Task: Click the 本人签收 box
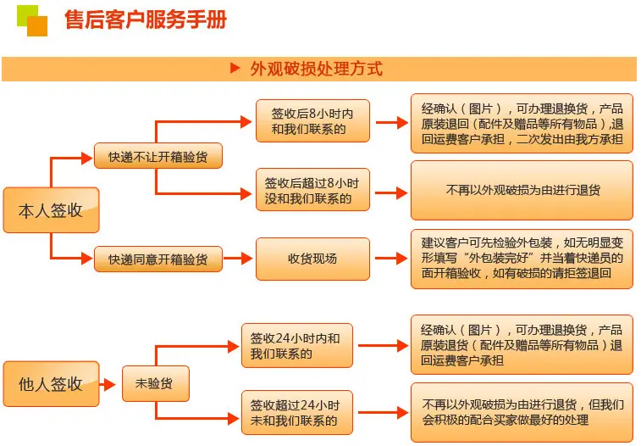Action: pyautogui.click(x=51, y=210)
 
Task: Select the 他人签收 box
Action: pyautogui.click(x=51, y=384)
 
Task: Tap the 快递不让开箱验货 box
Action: pyautogui.click(x=158, y=155)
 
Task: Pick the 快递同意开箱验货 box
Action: pyautogui.click(x=158, y=259)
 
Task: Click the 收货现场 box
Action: pyautogui.click(x=312, y=259)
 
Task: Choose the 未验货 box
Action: pyautogui.click(x=156, y=383)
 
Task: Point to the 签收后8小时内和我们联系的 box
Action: pyautogui.click(x=312, y=120)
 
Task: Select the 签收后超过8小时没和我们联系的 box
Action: pyautogui.click(x=312, y=189)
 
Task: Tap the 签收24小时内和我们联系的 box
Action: pyautogui.click(x=296, y=345)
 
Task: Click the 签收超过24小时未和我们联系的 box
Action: pyautogui.click(x=296, y=412)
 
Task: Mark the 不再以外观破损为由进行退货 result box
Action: pyautogui.click(x=522, y=190)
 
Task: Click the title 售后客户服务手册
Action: pyautogui.click(x=146, y=20)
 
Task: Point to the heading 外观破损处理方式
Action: pyautogui.click(x=317, y=69)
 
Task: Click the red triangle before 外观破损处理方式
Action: pyautogui.click(x=235, y=68)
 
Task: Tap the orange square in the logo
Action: pyautogui.click(x=37, y=26)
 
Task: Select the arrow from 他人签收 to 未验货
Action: pyautogui.click(x=108, y=385)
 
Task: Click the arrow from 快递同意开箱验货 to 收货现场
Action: pyautogui.click(x=237, y=259)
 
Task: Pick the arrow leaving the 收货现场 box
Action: pyautogui.click(x=391, y=259)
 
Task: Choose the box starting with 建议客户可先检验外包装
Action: pyautogui.click(x=522, y=259)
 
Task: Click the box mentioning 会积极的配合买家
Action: pyautogui.click(x=522, y=412)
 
